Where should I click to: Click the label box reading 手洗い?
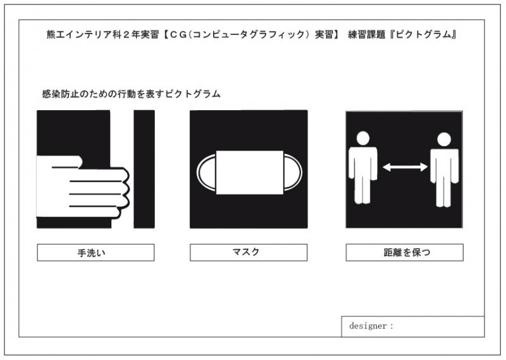tap(96, 252)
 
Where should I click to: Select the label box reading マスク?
tap(249, 252)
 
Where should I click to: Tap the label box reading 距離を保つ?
tap(405, 252)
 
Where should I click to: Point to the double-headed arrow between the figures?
tap(405, 167)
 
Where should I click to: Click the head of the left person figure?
tap(363, 138)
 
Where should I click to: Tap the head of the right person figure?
tap(444, 139)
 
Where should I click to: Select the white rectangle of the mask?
tap(250, 173)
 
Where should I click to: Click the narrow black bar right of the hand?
tap(144, 169)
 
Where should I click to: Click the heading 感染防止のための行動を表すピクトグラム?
tap(132, 94)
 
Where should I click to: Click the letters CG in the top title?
tap(179, 35)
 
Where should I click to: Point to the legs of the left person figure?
tap(362, 190)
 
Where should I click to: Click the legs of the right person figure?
tap(444, 193)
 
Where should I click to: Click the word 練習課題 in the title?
tap(367, 35)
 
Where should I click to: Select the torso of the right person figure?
tap(444, 164)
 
